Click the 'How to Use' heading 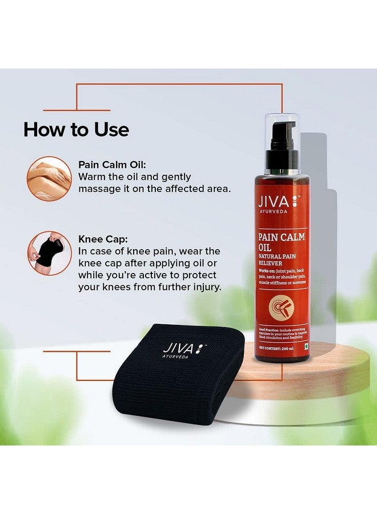[76, 130]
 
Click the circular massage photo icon [49, 178]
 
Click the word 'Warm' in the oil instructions [91, 176]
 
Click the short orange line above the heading [77, 110]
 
